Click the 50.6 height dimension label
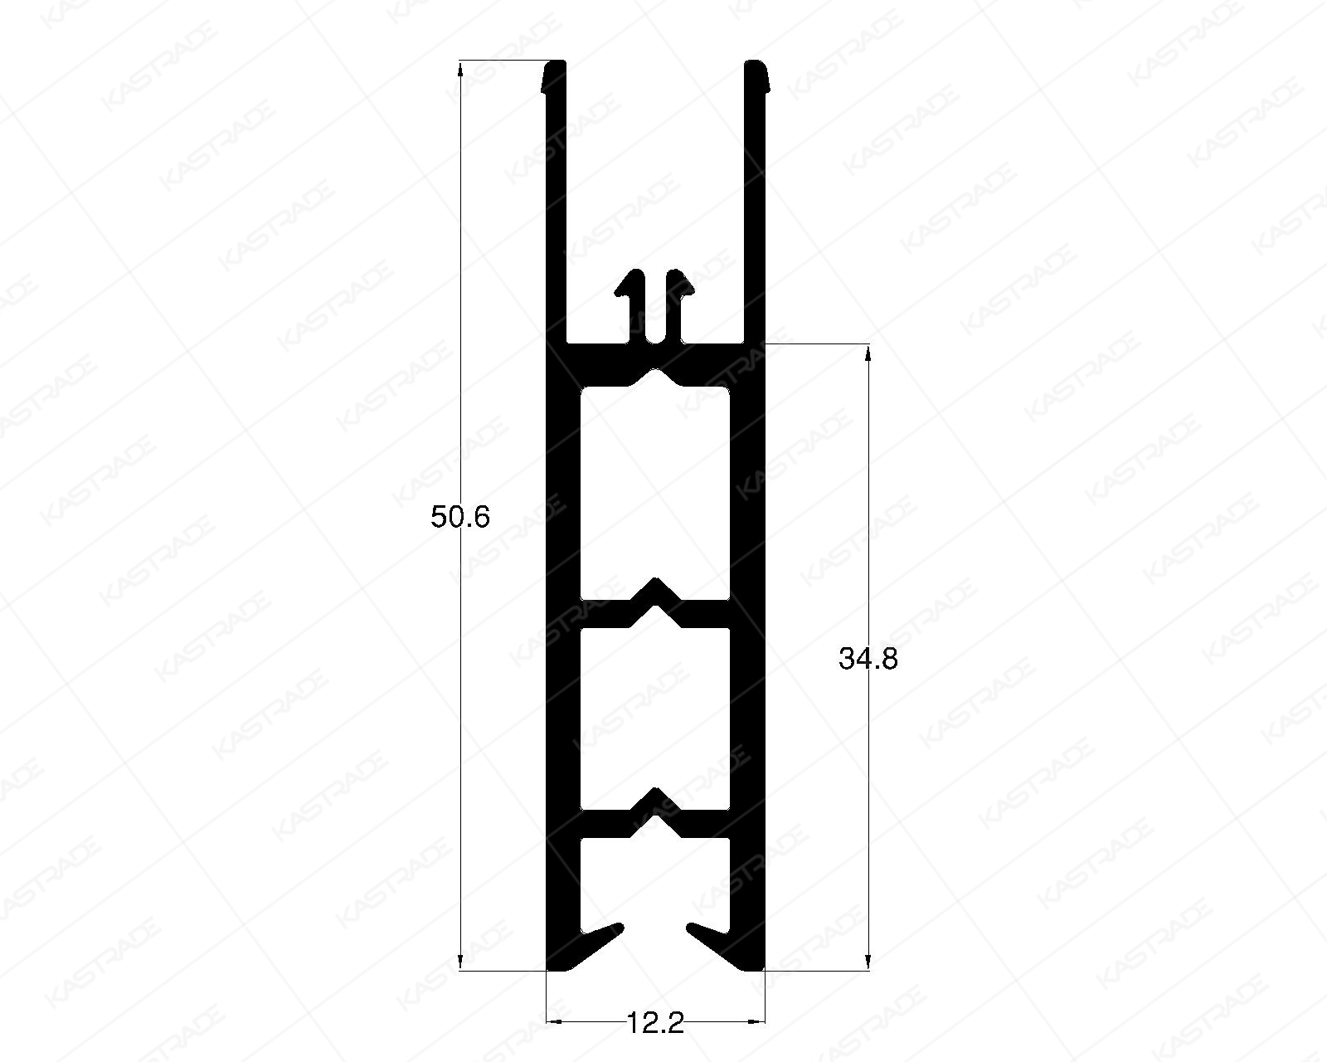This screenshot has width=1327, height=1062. pos(461,518)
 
